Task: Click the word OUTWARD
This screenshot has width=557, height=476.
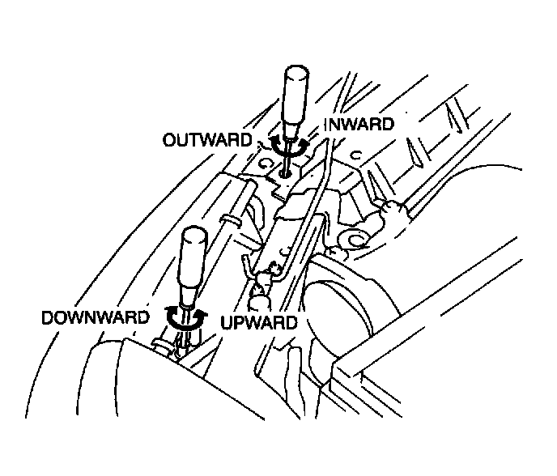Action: pyautogui.click(x=207, y=139)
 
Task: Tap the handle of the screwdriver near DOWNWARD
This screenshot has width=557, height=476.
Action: pyautogui.click(x=193, y=258)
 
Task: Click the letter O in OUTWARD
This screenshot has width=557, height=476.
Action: pyautogui.click(x=168, y=139)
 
